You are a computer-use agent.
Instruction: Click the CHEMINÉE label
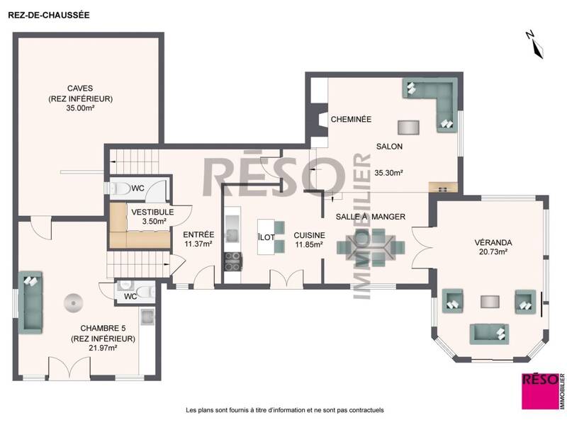tap(351, 120)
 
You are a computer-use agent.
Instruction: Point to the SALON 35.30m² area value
tap(388, 172)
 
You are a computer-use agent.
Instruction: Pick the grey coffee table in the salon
tap(408, 127)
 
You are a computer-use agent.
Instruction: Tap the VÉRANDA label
tap(493, 243)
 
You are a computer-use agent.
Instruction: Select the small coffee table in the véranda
tap(490, 301)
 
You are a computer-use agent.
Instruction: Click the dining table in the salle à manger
tap(371, 246)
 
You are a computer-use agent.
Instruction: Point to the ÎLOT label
tap(266, 237)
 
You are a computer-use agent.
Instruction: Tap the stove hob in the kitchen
tap(232, 261)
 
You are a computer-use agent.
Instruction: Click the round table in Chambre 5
tap(71, 303)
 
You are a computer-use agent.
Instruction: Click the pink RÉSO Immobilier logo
tap(544, 390)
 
